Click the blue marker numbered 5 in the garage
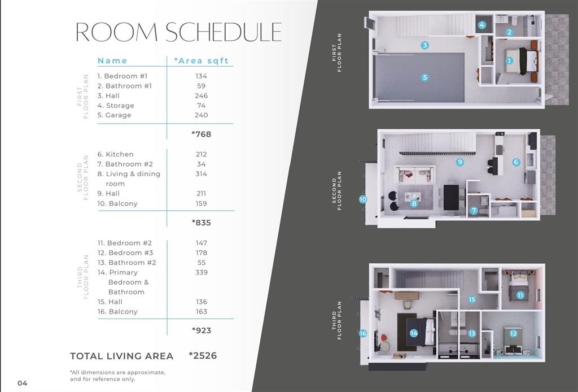tap(424, 77)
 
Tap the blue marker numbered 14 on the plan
tap(414, 333)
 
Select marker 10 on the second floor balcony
tap(362, 199)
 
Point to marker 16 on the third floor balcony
tap(362, 333)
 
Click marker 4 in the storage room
tap(482, 25)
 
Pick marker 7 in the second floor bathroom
tap(474, 211)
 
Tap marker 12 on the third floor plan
tap(513, 333)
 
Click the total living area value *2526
tap(203, 356)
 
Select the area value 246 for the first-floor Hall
tap(201, 96)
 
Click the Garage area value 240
tap(201, 115)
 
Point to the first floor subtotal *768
tap(201, 134)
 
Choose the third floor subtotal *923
tap(201, 330)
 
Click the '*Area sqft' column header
tap(201, 61)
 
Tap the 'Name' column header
tap(112, 61)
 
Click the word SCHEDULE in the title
tap(223, 32)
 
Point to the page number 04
tap(22, 383)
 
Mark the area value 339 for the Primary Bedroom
tap(201, 272)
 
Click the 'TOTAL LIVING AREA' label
tap(121, 356)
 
